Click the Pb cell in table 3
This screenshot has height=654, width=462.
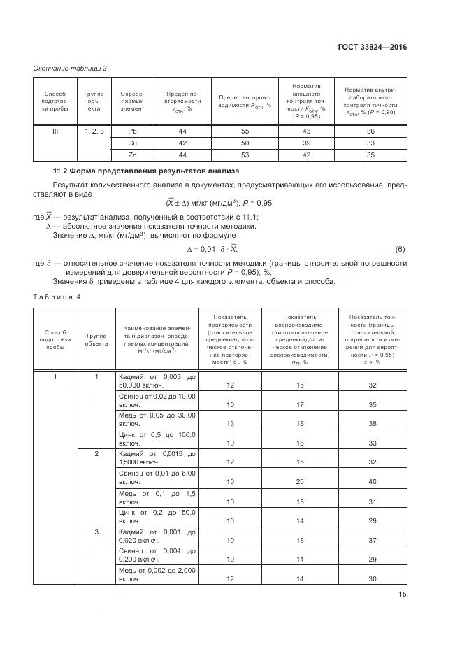(132, 131)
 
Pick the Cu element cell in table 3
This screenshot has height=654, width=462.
(132, 143)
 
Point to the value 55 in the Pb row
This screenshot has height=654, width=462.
(245, 131)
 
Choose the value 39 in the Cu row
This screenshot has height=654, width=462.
(305, 143)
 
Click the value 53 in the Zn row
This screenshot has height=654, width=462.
(245, 155)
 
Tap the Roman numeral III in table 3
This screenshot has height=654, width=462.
(55, 131)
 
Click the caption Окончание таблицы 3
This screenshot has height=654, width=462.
(71, 67)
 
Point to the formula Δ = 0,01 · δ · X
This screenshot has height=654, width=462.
(212, 249)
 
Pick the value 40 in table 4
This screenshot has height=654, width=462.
(372, 482)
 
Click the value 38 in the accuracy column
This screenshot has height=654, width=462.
(372, 424)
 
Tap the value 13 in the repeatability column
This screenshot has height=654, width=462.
(230, 424)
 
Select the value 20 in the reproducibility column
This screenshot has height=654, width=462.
(301, 482)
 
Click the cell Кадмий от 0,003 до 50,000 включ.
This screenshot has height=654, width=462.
(157, 381)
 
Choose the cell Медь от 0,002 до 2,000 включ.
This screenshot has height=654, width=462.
(157, 574)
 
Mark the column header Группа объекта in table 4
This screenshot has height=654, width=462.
(96, 339)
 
